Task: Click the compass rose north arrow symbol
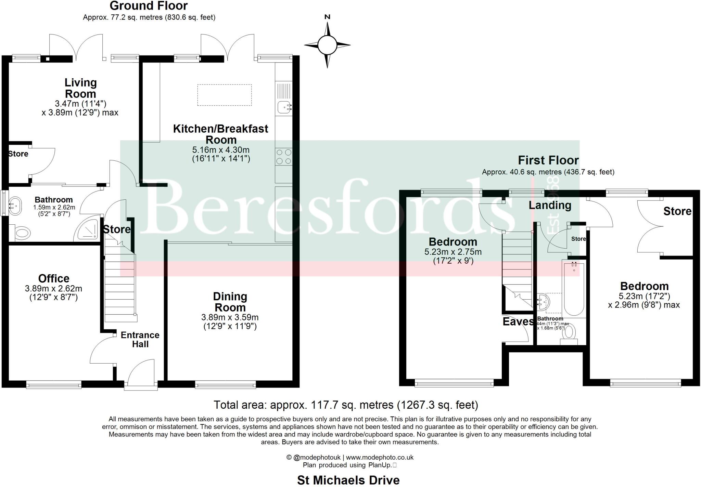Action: click(x=327, y=44)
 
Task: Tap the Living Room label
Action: click(x=81, y=88)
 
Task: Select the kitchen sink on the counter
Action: click(x=283, y=107)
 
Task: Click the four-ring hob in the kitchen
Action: click(x=283, y=157)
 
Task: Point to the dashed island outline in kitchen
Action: click(x=224, y=95)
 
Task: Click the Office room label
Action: click(x=54, y=278)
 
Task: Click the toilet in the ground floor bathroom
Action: click(x=22, y=233)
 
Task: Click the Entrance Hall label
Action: click(x=140, y=339)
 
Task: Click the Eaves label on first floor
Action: click(x=518, y=321)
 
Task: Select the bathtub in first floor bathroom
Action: click(x=574, y=288)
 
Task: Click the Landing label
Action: click(x=550, y=205)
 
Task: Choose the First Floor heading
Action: click(x=548, y=160)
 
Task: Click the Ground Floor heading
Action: click(x=149, y=6)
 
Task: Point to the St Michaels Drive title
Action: click(x=348, y=480)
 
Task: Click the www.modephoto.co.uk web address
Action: click(x=380, y=457)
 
